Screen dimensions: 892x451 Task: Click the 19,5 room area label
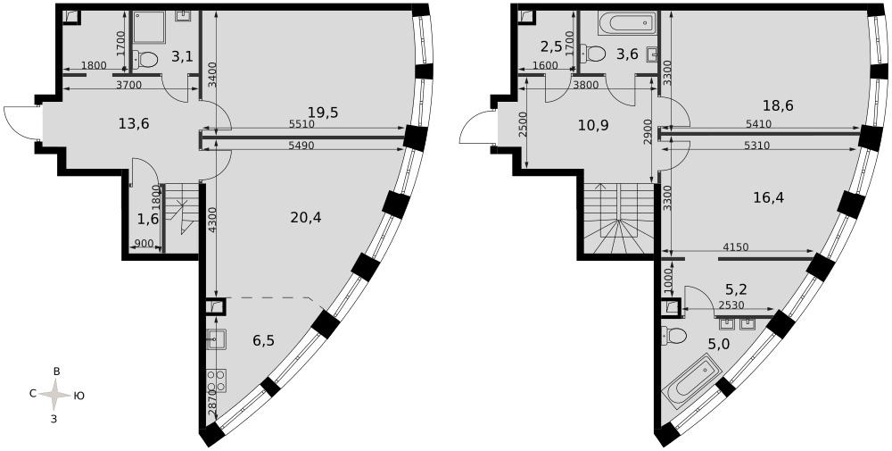tap(323, 113)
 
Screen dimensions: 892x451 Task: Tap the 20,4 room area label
tap(305, 217)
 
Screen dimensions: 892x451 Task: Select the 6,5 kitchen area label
tap(263, 340)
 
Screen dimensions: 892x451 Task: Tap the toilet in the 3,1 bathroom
tap(145, 58)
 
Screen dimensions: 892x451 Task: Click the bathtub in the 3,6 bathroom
tap(625, 23)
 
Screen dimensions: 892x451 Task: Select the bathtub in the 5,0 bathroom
tap(692, 381)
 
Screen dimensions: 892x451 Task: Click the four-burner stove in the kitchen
tap(216, 380)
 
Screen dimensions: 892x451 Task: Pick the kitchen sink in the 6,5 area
tap(216, 338)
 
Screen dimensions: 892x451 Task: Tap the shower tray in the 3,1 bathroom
tap(149, 28)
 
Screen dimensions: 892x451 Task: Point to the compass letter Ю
tap(79, 396)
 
